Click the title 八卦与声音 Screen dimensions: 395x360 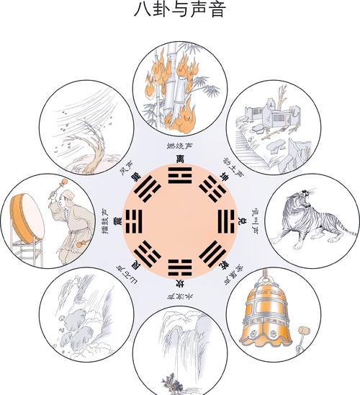[179, 10]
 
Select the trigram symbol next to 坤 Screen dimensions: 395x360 [211, 189]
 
